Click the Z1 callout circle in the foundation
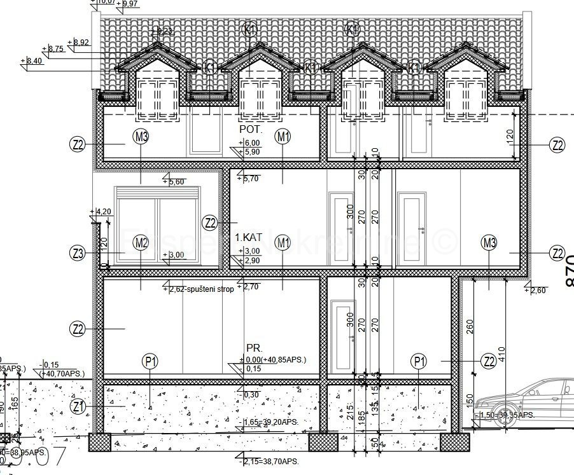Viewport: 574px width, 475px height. [x=78, y=406]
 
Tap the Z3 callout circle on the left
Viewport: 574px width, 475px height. [x=78, y=254]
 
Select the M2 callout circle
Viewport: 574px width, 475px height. [x=141, y=242]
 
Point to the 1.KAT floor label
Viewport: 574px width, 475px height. [x=249, y=237]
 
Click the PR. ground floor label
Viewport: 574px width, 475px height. [x=255, y=349]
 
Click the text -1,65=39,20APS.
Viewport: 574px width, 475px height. [x=267, y=422]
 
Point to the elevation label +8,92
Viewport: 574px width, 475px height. [x=81, y=42]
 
